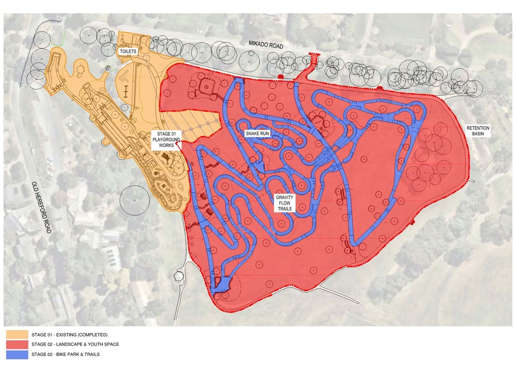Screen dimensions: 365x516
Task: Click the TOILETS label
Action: [x=128, y=52]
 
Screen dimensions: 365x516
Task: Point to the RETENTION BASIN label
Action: [x=478, y=131]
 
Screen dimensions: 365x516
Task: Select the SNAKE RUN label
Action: [x=258, y=134]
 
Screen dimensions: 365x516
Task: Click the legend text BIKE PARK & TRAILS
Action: [x=80, y=354]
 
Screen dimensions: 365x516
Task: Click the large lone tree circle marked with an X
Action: [x=134, y=200]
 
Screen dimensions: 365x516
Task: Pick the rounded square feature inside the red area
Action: [x=206, y=86]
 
